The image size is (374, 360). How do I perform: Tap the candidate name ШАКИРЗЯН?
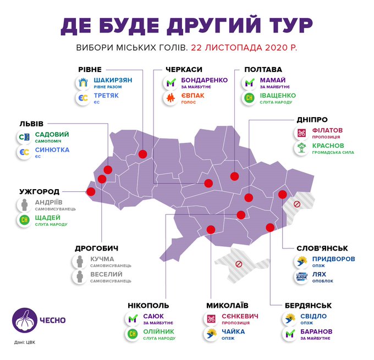(x=113, y=80)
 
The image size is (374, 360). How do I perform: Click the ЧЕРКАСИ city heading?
(x=184, y=70)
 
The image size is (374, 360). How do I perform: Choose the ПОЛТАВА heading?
(x=262, y=70)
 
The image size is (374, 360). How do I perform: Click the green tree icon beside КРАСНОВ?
(x=302, y=148)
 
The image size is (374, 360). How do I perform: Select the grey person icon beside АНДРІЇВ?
(x=24, y=205)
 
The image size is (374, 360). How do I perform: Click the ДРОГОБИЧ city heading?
(x=96, y=248)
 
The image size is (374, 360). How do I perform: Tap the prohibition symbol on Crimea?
(x=239, y=264)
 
